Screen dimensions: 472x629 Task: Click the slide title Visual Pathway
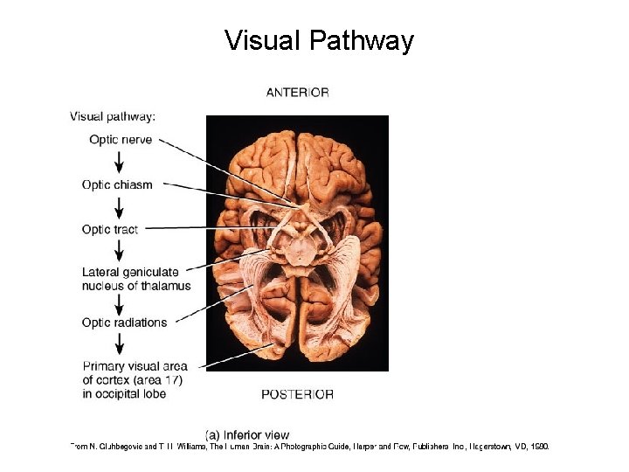coord(319,41)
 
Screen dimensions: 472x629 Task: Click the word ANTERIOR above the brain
coord(297,93)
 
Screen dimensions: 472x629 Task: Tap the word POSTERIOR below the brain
coord(297,394)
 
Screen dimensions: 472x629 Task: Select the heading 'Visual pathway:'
coord(113,115)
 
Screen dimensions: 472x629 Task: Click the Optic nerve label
coord(121,140)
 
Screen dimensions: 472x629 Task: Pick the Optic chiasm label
coord(117,184)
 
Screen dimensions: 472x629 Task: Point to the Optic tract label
coord(110,229)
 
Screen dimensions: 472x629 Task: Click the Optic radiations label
coord(124,323)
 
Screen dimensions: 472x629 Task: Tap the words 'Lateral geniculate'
coord(130,273)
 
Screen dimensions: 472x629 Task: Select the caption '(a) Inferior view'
coord(247,434)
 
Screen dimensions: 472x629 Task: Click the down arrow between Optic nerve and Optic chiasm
coord(120,162)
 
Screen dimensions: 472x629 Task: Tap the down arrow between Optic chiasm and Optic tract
coord(120,207)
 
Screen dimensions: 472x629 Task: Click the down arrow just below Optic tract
coord(120,251)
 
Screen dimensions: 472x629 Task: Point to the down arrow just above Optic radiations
coord(120,303)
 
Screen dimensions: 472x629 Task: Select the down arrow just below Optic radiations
coord(120,344)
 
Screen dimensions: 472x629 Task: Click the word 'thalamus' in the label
coord(164,286)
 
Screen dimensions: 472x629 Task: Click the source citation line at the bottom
coord(310,447)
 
